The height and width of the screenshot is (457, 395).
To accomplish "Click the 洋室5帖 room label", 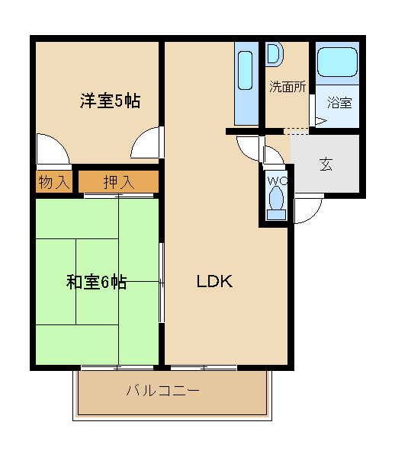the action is (110, 101).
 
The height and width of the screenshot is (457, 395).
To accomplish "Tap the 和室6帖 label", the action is (96, 282).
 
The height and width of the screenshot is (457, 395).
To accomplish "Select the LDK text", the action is (215, 282).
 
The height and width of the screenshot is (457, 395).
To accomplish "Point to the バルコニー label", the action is (162, 390).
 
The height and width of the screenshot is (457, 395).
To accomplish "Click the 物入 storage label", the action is (54, 183).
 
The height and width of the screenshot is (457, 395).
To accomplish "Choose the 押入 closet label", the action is (119, 183).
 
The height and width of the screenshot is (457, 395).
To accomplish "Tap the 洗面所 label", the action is (287, 87).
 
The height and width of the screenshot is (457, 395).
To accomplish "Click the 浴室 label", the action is (339, 103).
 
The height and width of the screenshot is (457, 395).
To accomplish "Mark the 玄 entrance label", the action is (326, 164).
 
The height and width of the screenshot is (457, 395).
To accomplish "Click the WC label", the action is (278, 181).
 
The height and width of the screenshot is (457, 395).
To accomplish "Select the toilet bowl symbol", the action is (276, 203).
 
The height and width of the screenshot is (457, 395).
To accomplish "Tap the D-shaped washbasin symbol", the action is (275, 54).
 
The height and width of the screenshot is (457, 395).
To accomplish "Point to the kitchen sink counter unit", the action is (246, 84).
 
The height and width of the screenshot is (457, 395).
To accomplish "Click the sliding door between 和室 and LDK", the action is (162, 283).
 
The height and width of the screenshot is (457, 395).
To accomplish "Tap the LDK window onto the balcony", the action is (204, 368).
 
